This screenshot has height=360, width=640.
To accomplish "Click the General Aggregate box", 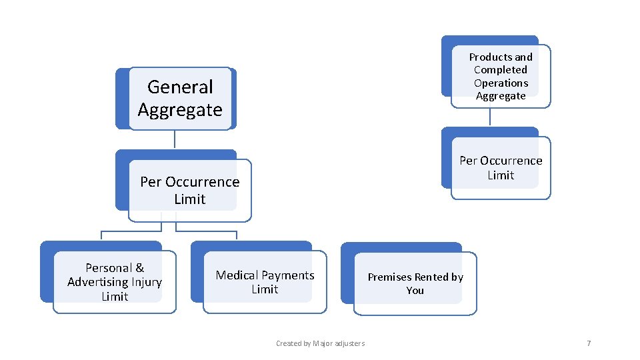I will [180, 98].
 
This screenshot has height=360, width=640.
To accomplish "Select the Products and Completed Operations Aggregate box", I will [500, 76].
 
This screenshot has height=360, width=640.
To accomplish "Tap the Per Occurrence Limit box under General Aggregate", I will [189, 190].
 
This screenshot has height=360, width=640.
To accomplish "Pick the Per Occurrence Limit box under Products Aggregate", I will [501, 168].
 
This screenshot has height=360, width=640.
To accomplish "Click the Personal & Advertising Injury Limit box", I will [114, 282].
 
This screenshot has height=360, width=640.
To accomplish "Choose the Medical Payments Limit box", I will [265, 282].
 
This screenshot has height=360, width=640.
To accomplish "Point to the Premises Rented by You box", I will [415, 283].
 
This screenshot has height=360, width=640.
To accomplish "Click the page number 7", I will [589, 343].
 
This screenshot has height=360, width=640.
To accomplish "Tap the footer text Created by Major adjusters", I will [320, 343].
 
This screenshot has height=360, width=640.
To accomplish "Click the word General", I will [180, 87].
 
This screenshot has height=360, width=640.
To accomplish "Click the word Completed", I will [500, 70].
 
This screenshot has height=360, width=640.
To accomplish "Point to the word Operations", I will [501, 83].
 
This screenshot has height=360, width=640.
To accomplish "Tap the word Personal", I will [109, 268].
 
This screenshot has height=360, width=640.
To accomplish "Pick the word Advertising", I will [97, 282].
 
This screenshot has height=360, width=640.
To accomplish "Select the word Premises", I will [389, 277].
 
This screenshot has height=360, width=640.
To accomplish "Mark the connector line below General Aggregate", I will [175, 139].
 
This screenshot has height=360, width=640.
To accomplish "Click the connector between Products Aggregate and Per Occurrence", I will [490, 117].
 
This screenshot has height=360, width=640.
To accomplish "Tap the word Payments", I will [287, 275].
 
